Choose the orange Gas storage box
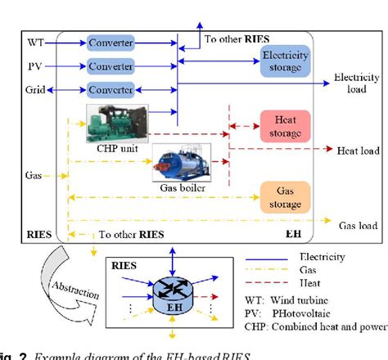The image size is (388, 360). (284, 196)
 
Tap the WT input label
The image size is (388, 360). (34, 41)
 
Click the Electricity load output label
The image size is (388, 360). (357, 83)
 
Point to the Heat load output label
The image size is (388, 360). (357, 151)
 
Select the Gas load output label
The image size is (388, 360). (359, 225)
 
